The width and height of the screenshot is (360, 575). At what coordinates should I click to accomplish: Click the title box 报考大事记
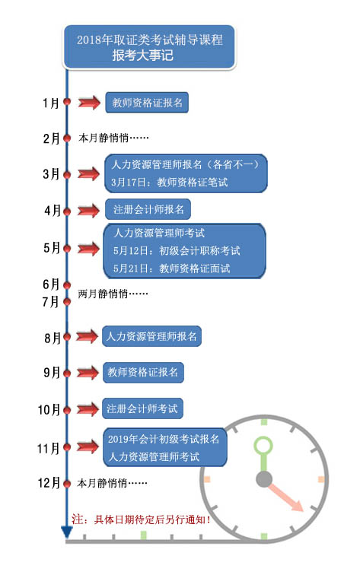coord(148,47)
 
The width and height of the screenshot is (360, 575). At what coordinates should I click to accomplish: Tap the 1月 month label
coord(52,103)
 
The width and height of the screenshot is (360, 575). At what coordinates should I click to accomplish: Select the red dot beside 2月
coord(67,138)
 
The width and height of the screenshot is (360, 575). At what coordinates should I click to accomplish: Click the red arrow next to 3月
coord(88,173)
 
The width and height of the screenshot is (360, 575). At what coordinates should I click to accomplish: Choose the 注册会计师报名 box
coord(148,209)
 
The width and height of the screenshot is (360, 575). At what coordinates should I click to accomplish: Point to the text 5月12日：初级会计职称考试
coord(177,251)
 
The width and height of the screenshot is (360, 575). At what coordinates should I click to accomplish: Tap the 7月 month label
coord(51,301)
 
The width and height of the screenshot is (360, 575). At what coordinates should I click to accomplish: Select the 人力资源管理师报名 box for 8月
coord(151,336)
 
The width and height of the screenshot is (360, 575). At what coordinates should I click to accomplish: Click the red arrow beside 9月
coord(88,373)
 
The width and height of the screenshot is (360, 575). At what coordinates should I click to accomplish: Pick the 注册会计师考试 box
coord(142,408)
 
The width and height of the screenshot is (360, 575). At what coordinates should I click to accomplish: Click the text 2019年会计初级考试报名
coord(164,439)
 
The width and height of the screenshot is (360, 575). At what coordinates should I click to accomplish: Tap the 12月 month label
coord(49,482)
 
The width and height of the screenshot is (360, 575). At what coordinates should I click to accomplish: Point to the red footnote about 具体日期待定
coord(142,519)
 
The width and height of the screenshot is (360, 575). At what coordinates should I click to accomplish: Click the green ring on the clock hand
coord(263,446)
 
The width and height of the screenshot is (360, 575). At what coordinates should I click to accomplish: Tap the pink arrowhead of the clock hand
coord(297,504)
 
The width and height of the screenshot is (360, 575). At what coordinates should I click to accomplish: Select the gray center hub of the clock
coord(264,479)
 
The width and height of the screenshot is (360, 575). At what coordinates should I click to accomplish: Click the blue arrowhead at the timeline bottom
coord(67,532)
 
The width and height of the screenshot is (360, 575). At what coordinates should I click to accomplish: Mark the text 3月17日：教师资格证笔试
coord(170,183)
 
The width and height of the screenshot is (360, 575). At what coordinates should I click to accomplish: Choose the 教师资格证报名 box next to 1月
coord(147,103)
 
